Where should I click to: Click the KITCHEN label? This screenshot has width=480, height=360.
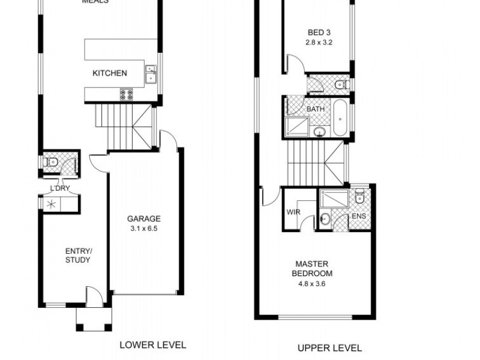109,73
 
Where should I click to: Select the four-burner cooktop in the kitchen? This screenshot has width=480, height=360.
126,94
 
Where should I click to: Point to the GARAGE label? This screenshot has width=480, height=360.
143,219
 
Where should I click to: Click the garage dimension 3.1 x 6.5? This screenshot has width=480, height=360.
143,228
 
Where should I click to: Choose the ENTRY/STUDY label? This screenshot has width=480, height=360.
78,255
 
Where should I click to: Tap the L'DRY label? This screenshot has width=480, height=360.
60,188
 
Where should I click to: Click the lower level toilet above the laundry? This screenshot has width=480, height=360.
52,162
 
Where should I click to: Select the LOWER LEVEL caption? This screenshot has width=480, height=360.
152,345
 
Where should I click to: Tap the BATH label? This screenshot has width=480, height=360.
316,110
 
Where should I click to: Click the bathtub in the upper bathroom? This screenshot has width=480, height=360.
340,118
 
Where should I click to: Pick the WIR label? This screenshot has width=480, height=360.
293,212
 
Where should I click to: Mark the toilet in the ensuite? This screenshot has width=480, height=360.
359,196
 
